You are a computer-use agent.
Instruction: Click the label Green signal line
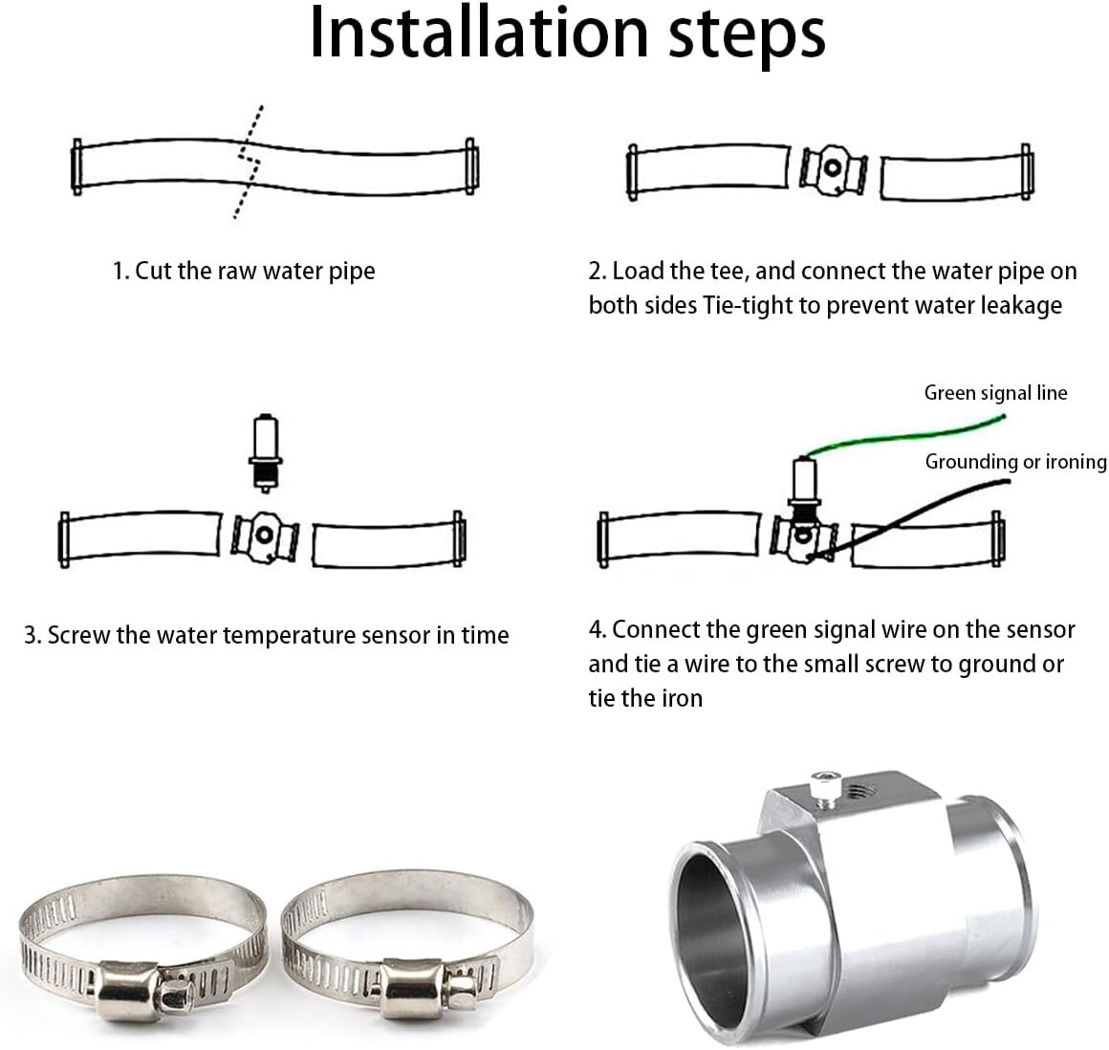pyautogui.click(x=995, y=392)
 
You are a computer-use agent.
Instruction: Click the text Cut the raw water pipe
pyautogui.click(x=254, y=271)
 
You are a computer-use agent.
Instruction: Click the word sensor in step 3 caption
pyautogui.click(x=394, y=635)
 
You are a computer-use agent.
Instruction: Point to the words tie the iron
pyautogui.click(x=645, y=698)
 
